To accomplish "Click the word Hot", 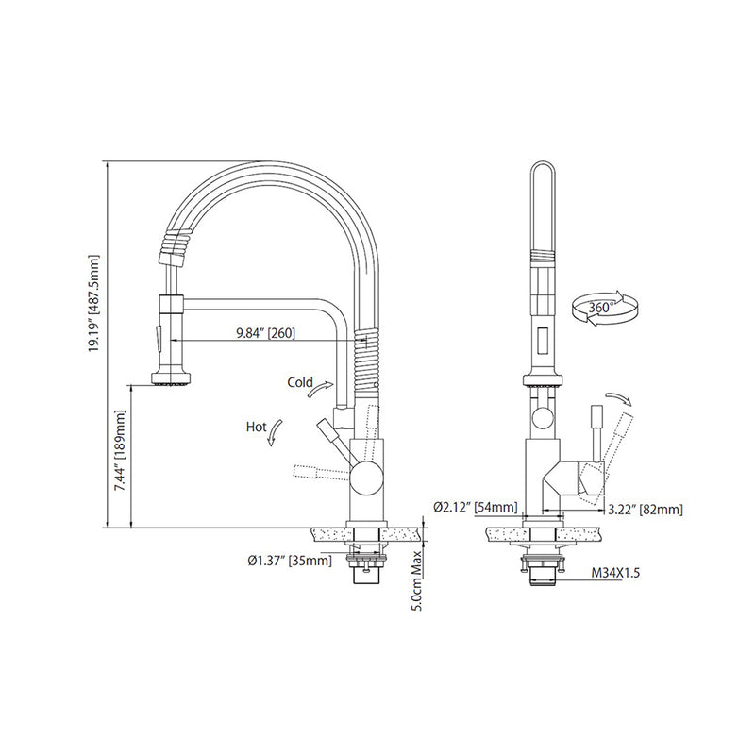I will [256, 427].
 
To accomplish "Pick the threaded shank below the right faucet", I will [538, 573].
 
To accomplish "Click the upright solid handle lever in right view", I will [596, 428].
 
